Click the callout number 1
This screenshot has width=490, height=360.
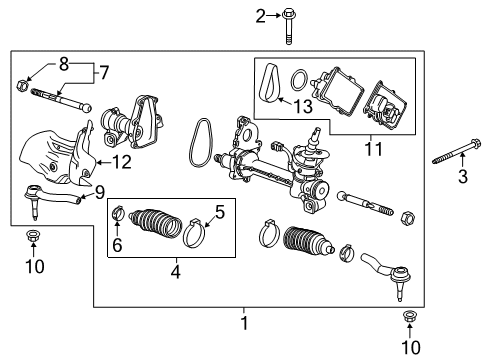click(244, 323)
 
